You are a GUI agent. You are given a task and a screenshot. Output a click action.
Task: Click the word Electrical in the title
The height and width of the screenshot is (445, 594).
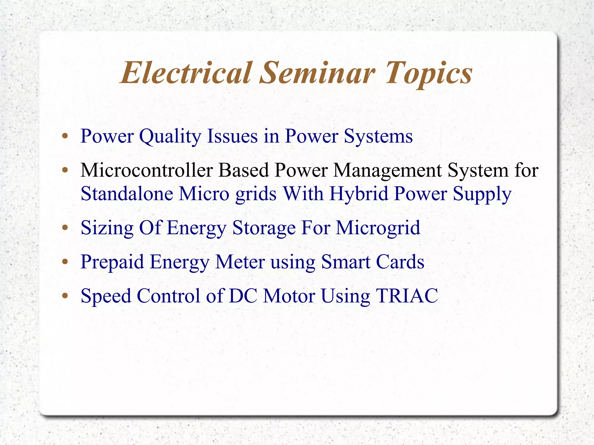click(186, 73)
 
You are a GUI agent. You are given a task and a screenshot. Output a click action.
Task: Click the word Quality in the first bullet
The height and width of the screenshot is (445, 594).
click(170, 136)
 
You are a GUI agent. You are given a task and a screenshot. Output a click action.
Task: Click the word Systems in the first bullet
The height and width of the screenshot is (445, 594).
click(378, 136)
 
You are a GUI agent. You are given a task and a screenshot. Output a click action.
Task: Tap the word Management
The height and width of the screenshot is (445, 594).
click(387, 170)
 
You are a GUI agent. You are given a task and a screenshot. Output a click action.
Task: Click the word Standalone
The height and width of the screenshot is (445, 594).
click(127, 193)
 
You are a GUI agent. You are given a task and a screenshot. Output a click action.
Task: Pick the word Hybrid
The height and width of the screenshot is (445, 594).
click(359, 193)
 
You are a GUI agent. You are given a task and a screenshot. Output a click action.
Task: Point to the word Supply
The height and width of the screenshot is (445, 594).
click(482, 194)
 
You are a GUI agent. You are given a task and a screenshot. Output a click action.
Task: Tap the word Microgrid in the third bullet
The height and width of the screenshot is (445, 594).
click(378, 228)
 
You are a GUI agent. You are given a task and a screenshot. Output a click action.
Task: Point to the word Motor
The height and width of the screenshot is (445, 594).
click(289, 296)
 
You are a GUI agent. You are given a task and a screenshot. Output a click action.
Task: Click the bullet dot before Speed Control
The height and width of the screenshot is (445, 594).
click(65, 296)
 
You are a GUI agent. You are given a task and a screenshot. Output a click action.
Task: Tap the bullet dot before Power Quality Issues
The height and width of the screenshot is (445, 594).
click(65, 136)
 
